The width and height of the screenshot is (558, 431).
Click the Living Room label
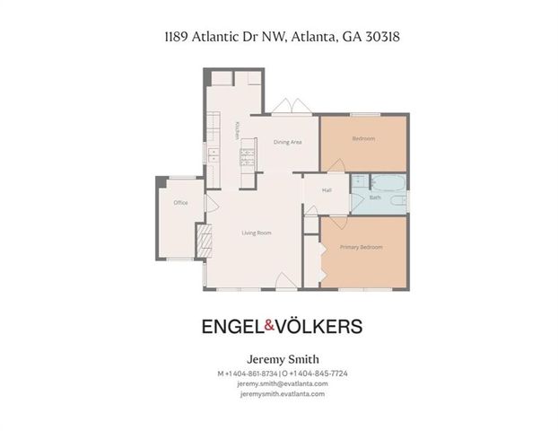(x=257, y=233)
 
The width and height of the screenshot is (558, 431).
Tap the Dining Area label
(x=286, y=142)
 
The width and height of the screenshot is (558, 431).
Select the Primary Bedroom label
(x=362, y=246)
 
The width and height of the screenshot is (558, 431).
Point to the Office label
(x=180, y=203)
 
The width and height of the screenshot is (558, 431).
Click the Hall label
(x=327, y=190)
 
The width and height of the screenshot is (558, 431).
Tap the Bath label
(x=375, y=197)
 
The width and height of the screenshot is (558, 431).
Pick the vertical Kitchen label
(x=237, y=131)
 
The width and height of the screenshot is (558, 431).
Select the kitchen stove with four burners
(x=247, y=159)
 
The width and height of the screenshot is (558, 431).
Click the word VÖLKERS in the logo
(x=324, y=325)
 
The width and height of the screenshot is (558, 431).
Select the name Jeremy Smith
(x=282, y=359)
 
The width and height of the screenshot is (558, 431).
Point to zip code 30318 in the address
(x=392, y=37)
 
